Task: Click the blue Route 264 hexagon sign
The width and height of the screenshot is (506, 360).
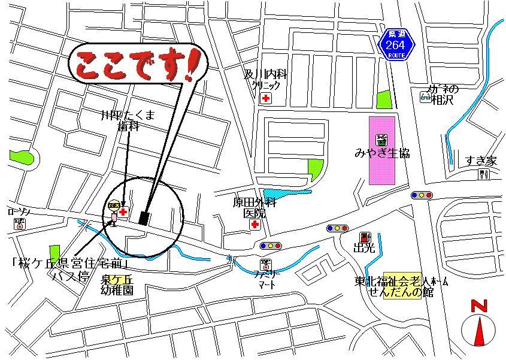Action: pos(396,43)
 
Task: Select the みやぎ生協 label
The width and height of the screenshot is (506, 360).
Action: pos(381,153)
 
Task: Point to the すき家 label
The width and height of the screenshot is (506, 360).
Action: pos(482,161)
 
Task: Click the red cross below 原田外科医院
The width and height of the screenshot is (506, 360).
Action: pos(255,225)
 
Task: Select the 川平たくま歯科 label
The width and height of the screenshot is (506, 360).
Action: pos(128,120)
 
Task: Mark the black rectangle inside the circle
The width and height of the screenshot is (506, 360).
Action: pos(144,217)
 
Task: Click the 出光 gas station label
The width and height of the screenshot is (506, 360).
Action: pos(364,247)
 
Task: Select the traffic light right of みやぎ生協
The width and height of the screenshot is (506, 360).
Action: pos(422,195)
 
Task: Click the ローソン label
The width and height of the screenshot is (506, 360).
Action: pos(19,211)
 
